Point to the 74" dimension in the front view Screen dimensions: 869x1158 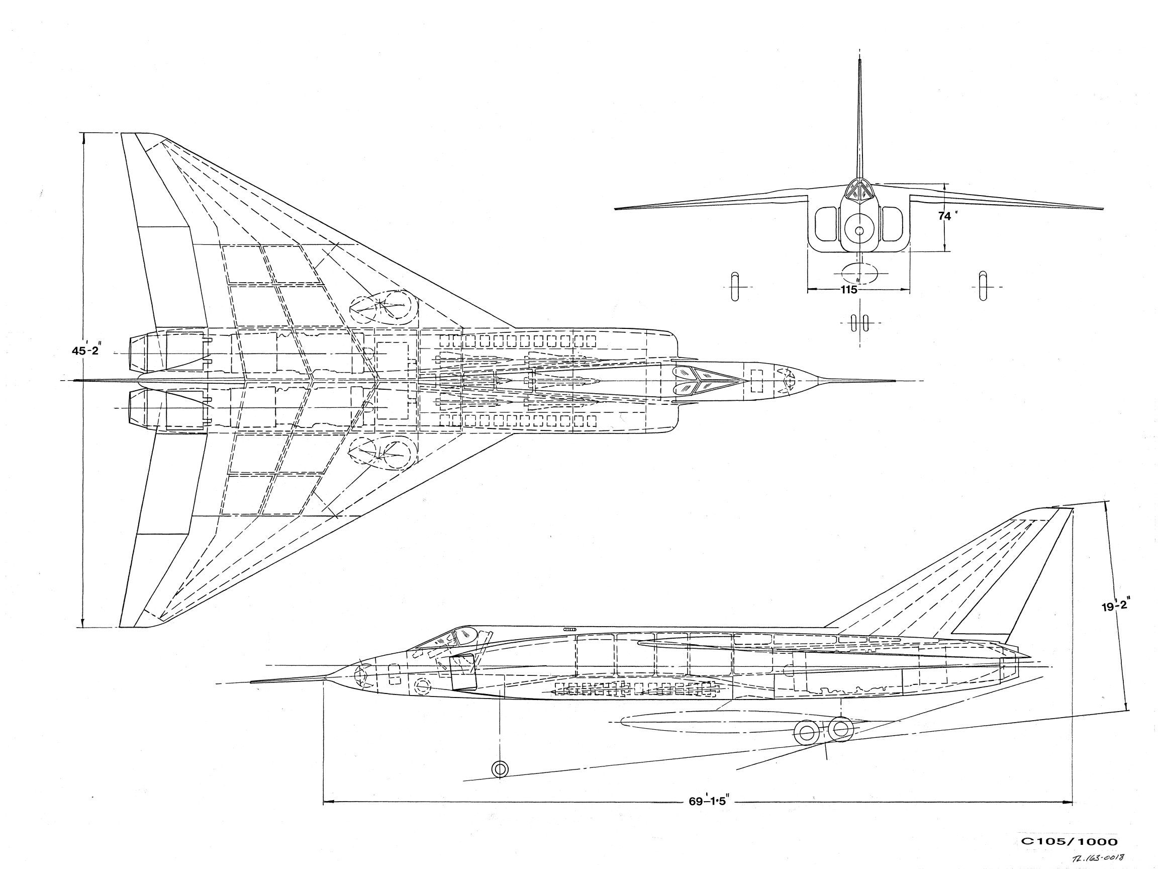coord(947,216)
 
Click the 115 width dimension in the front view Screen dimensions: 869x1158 coord(848,290)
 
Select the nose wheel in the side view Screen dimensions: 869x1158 coord(500,768)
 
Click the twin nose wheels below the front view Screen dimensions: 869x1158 coord(859,323)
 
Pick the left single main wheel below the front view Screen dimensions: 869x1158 coord(734,286)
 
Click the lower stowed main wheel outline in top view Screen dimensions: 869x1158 coord(382,454)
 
